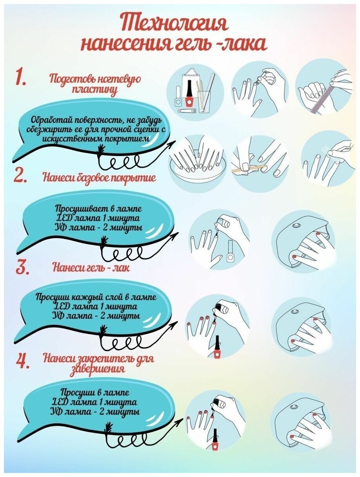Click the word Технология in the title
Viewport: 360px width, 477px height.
point(175,23)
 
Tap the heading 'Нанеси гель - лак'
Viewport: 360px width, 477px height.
point(91,267)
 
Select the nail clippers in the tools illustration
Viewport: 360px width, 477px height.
point(187,111)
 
